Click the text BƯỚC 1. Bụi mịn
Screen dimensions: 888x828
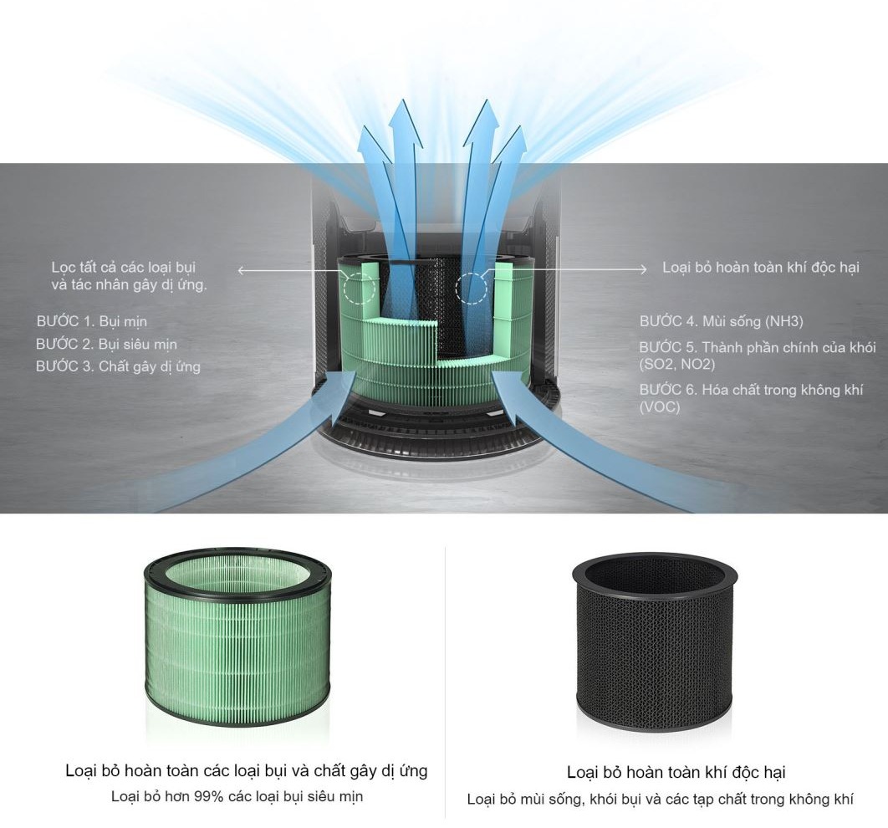coord(92,321)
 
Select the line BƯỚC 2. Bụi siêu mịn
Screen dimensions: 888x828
coord(106,344)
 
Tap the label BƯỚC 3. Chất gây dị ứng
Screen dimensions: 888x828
coord(119,366)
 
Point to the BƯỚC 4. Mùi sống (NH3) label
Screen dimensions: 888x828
coord(722,321)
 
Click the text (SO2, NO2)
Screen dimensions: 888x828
coord(677,364)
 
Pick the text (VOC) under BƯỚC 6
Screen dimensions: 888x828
coord(660,406)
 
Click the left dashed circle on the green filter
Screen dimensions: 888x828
coord(359,289)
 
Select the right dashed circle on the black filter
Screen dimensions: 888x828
coord(472,288)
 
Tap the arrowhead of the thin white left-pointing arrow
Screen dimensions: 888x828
coord(242,271)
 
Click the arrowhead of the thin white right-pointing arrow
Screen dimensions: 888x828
coord(643,269)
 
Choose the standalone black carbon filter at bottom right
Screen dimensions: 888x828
coord(656,642)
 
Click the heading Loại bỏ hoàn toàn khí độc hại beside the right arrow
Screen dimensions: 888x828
coord(761,268)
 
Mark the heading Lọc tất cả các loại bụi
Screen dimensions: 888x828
coord(124,268)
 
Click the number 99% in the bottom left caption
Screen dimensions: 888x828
coord(209,796)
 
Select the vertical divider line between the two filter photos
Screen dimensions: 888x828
coord(445,682)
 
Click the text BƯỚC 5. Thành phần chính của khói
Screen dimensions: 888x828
coord(758,347)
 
